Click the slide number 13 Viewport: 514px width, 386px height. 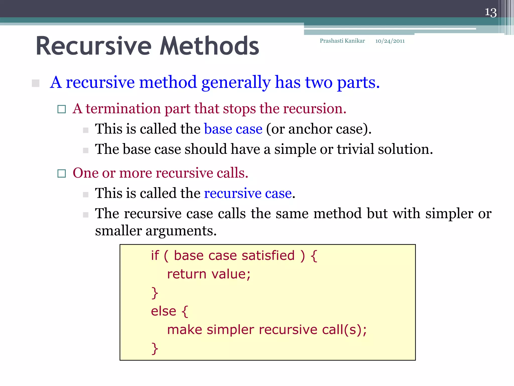coord(490,12)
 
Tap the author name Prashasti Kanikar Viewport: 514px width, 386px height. coord(342,41)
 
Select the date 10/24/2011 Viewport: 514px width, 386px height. coord(390,41)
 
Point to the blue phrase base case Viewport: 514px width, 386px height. coord(233,129)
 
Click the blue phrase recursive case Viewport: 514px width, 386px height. coord(248,193)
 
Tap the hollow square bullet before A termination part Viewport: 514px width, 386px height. coord(61,109)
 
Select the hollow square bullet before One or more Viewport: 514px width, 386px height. coord(61,173)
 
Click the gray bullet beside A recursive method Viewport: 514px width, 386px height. coord(36,83)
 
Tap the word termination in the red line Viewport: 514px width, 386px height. coord(123,109)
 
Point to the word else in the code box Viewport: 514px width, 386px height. coord(163,311)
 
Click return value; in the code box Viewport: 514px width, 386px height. coord(209,274)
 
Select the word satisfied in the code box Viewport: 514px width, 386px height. coord(268,256)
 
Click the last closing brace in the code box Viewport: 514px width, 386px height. coord(155,348)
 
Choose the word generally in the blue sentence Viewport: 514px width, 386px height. coord(236,83)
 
